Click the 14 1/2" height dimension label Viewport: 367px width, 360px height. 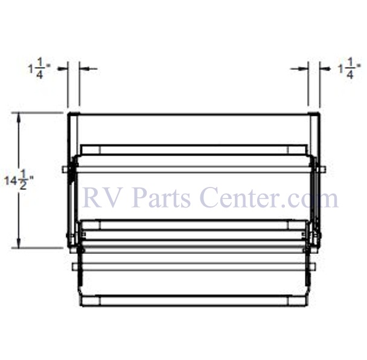tap(19, 180)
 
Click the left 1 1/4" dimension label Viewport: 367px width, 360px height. tap(39, 68)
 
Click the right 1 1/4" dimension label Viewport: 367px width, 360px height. tap(349, 68)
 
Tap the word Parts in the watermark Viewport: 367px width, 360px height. tap(162, 198)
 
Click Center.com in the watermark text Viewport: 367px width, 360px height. tap(269, 198)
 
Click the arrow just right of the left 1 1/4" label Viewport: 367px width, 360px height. tap(63, 69)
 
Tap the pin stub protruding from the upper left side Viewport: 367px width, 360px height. tap(64, 169)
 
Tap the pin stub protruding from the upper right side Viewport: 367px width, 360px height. tap(323, 169)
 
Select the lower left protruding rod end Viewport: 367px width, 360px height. tap(74, 267)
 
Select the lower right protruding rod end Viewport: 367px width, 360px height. tap(313, 267)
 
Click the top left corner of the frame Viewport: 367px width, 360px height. tap(68, 113)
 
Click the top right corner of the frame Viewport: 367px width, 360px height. tap(319, 113)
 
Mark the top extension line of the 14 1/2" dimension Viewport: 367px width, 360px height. tap(37, 113)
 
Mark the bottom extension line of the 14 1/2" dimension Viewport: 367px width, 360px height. tap(37, 248)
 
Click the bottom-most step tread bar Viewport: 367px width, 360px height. tap(193, 301)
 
